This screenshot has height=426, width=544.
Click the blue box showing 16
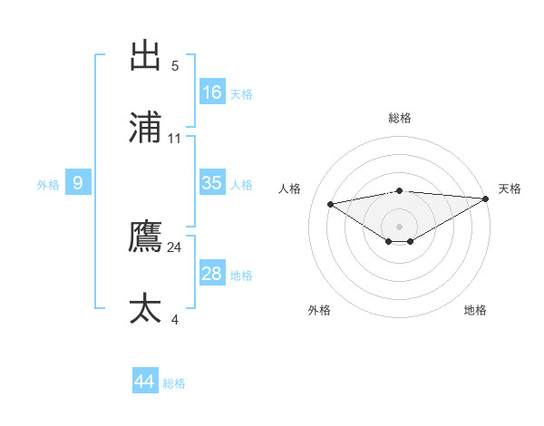point(212,92)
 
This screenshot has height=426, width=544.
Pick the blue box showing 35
point(212,183)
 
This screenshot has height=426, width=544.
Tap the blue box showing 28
point(212,274)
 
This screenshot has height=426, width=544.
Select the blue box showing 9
point(78,183)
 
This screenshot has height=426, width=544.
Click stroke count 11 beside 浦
point(175,139)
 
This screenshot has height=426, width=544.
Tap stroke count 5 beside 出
point(175,66)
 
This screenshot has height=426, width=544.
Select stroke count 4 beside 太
point(175,320)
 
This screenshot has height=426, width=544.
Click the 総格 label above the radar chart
point(400,118)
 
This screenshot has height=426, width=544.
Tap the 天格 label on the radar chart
point(510,189)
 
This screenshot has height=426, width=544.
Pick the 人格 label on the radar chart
point(290,189)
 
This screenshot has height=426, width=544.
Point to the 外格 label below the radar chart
point(319,310)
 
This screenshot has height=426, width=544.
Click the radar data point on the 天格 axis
point(487,198)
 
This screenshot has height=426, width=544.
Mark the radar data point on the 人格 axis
point(331,203)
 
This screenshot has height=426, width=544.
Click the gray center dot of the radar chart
point(400,226)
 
